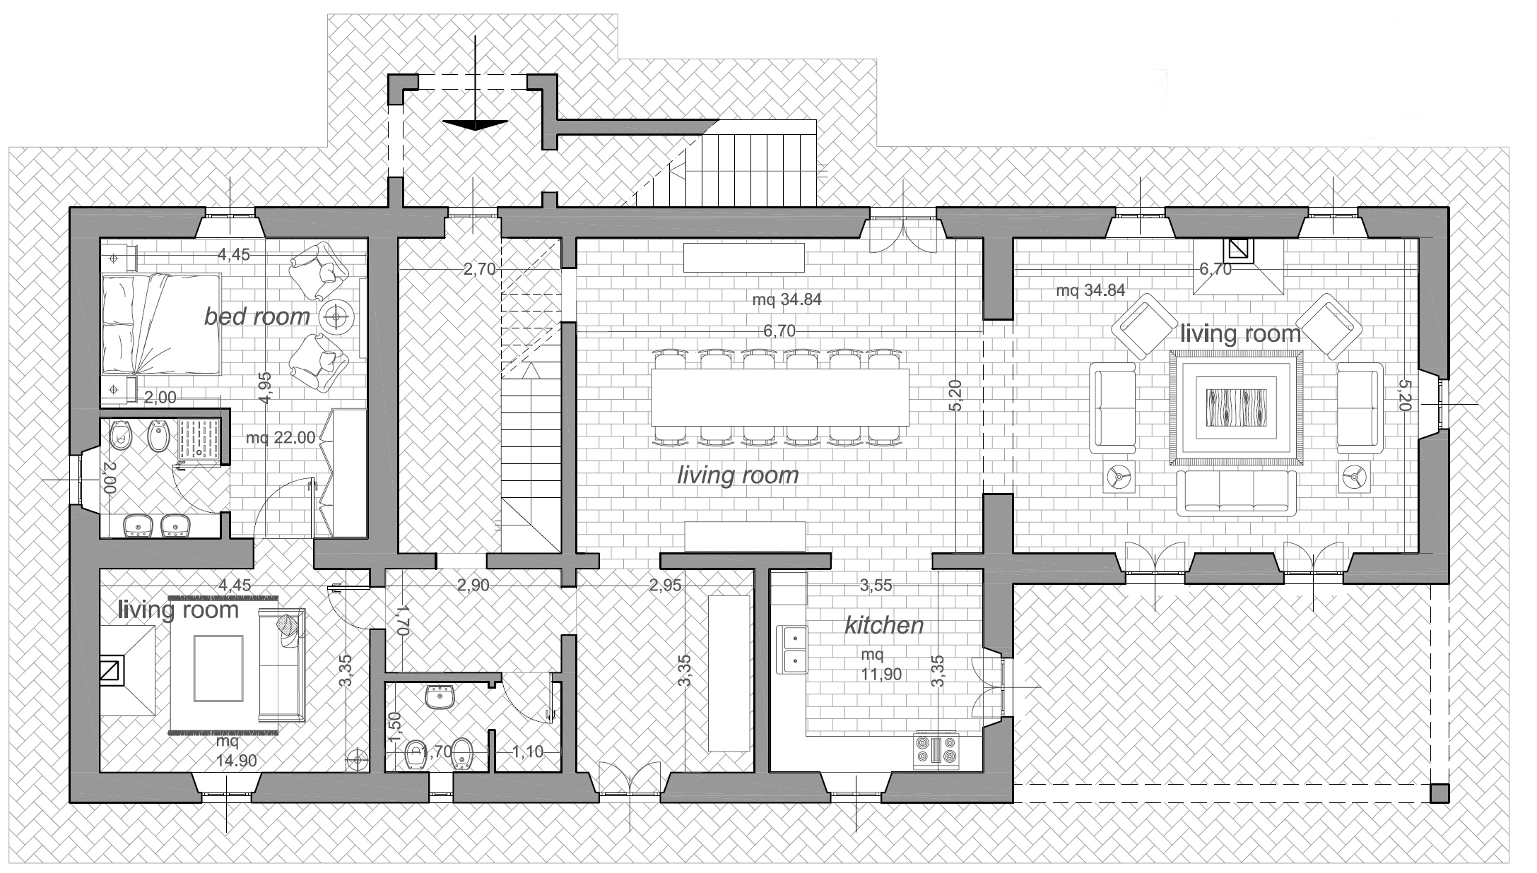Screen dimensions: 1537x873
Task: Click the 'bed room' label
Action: click(x=257, y=316)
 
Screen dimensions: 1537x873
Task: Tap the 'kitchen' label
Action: click(x=885, y=625)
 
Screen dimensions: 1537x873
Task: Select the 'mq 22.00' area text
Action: click(x=281, y=438)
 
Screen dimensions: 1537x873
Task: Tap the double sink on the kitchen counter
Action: click(x=794, y=649)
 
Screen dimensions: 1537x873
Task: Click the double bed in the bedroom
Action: click(x=160, y=325)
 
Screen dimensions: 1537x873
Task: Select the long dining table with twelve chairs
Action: click(x=779, y=398)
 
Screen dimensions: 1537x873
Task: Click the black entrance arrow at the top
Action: click(x=475, y=125)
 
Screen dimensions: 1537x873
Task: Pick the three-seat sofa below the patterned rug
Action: click(x=1237, y=492)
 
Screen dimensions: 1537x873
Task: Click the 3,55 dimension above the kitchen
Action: click(x=876, y=585)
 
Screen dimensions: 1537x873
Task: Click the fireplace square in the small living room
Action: click(x=111, y=671)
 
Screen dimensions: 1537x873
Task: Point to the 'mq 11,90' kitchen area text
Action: click(x=881, y=665)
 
